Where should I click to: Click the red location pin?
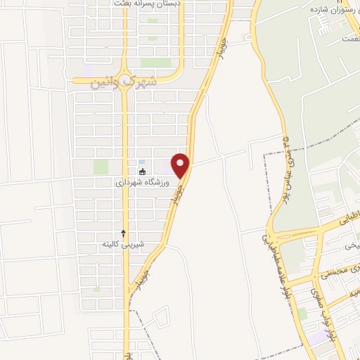point(181,165)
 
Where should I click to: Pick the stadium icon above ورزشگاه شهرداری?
point(143,172)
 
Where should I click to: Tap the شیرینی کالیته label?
point(123,244)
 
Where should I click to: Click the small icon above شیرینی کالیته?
point(124,233)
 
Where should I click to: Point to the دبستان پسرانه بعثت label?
point(147,4)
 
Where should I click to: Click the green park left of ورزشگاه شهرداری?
point(101,167)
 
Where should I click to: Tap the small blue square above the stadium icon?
point(142,162)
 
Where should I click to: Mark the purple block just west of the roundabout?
point(88,71)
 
